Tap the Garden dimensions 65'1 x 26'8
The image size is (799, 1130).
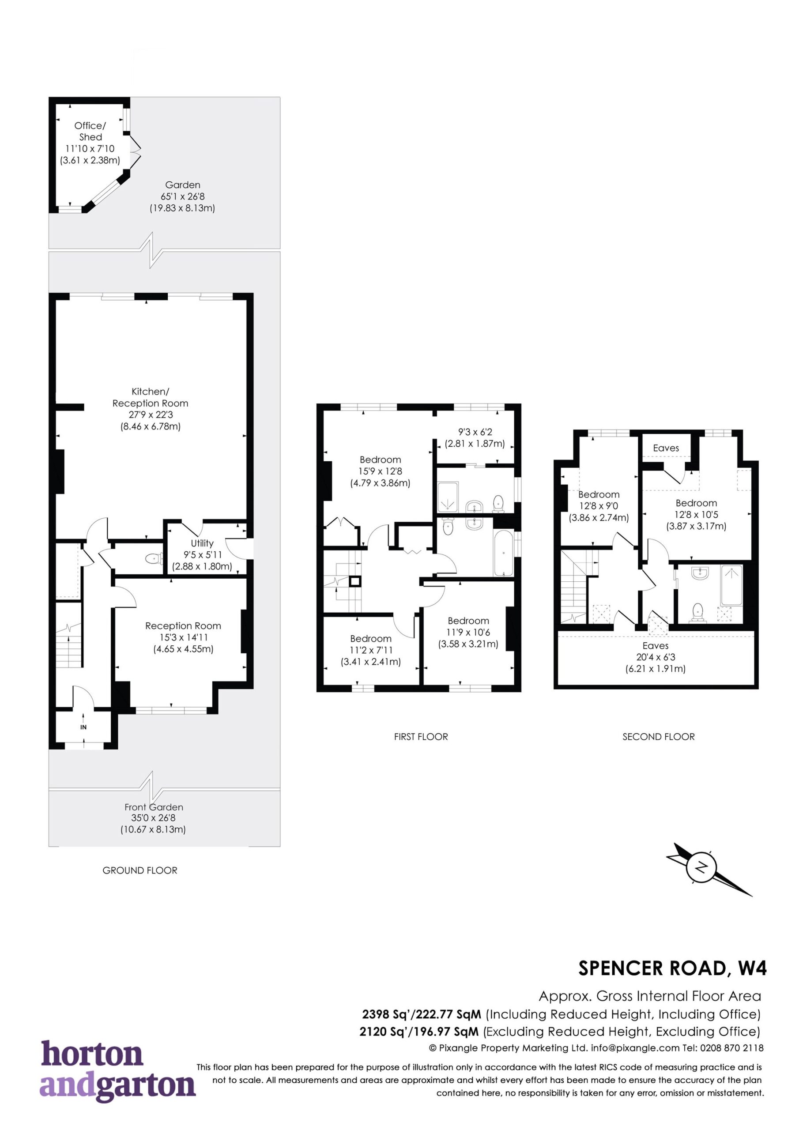coord(182,196)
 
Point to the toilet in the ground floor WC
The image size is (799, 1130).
coord(154,559)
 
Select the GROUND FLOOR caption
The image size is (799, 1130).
coord(140,870)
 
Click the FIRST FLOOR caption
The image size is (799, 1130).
coord(421,737)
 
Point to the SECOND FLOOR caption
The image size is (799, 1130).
coord(658,737)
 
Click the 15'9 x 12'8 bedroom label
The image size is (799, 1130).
coord(380,471)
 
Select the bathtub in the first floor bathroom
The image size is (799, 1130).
coord(503,553)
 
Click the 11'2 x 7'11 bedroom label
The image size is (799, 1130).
coord(371,650)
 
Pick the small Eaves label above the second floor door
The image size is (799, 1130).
coord(666,448)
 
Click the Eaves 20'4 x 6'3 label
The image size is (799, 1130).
coord(655,657)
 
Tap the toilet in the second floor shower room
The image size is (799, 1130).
coord(697,613)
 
